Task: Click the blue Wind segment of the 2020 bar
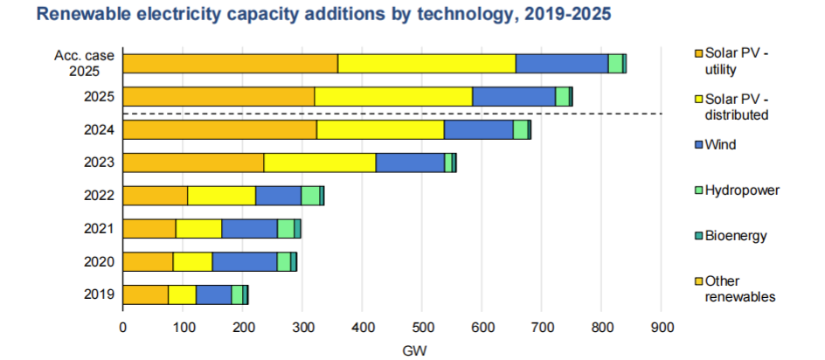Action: (244, 261)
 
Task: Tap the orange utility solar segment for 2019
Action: (145, 294)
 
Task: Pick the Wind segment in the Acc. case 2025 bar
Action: (561, 63)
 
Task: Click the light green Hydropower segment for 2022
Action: (310, 196)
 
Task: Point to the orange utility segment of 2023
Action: (193, 163)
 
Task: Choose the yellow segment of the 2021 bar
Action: (198, 229)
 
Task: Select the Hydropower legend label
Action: (742, 190)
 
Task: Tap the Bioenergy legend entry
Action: (738, 236)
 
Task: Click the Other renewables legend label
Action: (739, 289)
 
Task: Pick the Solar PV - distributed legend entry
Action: (736, 107)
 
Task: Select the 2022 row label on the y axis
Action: (97, 196)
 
